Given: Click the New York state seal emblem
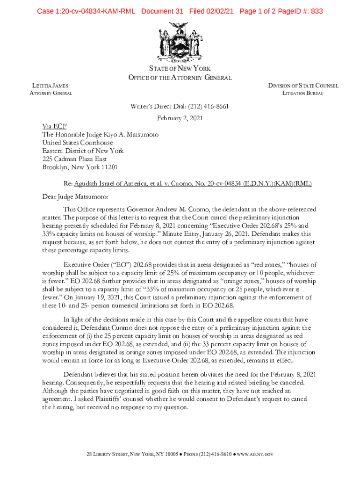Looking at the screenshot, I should click(x=180, y=42).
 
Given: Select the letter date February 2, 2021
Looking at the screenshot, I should click(x=180, y=118).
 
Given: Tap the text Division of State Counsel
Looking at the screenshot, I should click(x=303, y=86).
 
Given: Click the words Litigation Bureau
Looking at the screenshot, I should click(x=303, y=94).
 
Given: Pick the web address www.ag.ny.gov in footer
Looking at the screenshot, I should click(x=256, y=454).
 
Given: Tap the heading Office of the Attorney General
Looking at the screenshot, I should click(x=180, y=77).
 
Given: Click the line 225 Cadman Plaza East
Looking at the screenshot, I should click(x=74, y=159).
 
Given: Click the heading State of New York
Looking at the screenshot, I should click(x=180, y=69).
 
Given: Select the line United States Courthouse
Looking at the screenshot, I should click(x=78, y=143).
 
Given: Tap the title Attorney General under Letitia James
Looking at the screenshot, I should click(x=51, y=94).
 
